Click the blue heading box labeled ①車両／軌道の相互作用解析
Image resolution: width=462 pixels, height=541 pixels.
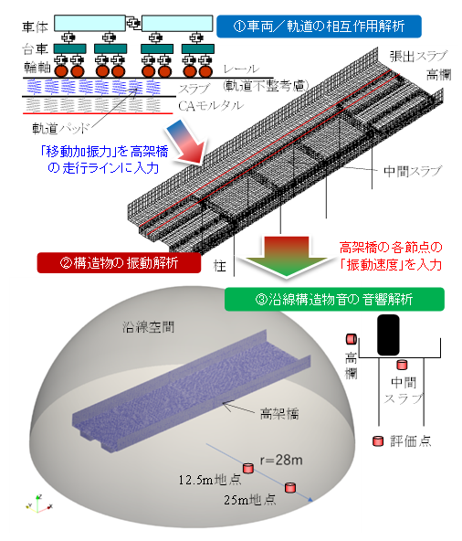[319, 27]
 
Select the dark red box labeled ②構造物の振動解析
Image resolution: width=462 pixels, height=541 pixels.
[119, 263]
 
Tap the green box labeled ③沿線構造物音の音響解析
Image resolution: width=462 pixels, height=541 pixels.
[334, 299]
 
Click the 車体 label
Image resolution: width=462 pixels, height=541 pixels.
[36, 27]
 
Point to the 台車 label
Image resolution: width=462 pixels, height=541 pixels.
[36, 49]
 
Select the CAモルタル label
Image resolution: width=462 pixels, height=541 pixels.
[211, 106]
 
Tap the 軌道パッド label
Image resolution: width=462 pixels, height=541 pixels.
[61, 128]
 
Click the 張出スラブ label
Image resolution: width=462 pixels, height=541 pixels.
[418, 57]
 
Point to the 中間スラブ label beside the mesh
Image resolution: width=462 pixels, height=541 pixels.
[413, 171]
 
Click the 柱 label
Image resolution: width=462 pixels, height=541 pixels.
[220, 266]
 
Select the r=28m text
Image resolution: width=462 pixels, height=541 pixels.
[281, 460]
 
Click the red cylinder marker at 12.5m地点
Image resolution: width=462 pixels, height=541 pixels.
[248, 468]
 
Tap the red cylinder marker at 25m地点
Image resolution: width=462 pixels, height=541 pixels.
[290, 487]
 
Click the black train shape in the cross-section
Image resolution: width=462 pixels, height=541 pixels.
[388, 334]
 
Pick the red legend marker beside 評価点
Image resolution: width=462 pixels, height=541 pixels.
[378, 441]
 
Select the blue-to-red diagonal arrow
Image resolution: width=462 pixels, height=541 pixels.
[186, 143]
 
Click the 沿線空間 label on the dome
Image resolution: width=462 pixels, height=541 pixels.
[148, 327]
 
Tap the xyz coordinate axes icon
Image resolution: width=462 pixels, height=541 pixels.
[38, 504]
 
